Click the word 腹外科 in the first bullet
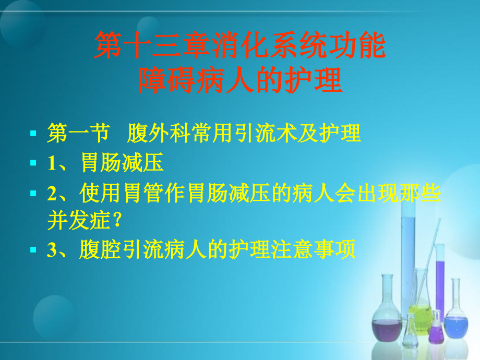point(155,134)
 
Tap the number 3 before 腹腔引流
point(52,251)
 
